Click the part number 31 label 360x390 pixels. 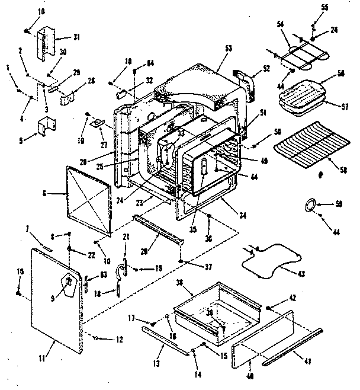76,37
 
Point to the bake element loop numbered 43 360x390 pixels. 266,261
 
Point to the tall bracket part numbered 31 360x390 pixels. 49,43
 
